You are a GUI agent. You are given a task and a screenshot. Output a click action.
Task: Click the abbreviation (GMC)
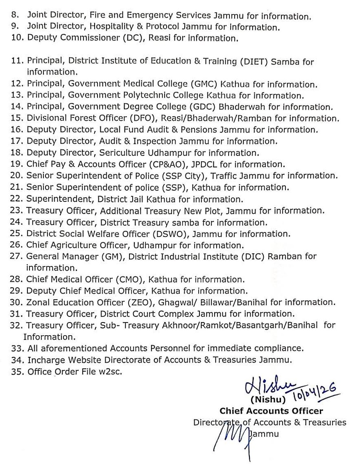[x=203, y=84]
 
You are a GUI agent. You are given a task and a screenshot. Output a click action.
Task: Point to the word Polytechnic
[x=136, y=96]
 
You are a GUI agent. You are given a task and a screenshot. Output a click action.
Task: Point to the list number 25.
[x=16, y=234]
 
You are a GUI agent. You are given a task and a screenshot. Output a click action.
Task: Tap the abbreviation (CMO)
[x=129, y=280]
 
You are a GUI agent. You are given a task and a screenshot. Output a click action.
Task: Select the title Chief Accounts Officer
[x=271, y=411]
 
